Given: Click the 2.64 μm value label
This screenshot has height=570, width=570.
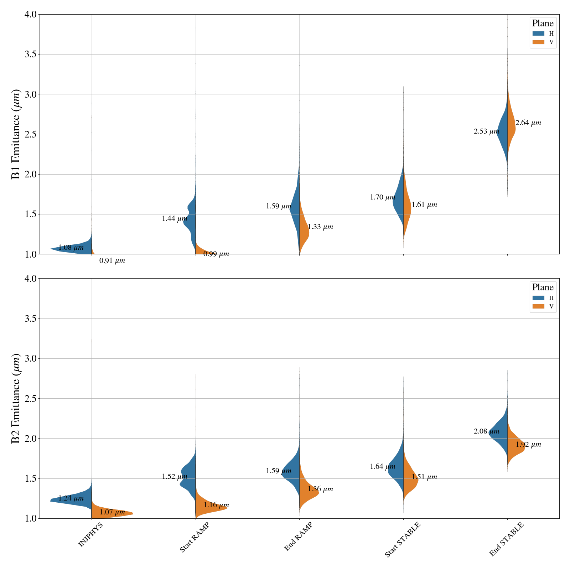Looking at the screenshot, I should pyautogui.click(x=528, y=123).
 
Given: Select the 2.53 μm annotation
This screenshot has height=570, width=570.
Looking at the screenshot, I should pyautogui.click(x=486, y=131).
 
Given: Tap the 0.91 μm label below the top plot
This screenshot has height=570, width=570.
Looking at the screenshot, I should pyautogui.click(x=112, y=261).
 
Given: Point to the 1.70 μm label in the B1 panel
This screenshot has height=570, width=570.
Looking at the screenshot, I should pyautogui.click(x=382, y=197).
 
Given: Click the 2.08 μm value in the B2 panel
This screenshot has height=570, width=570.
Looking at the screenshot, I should pyautogui.click(x=486, y=431).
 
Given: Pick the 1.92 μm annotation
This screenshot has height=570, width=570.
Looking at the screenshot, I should pyautogui.click(x=528, y=445).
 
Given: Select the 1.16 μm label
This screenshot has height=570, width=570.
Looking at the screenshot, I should pyautogui.click(x=216, y=505).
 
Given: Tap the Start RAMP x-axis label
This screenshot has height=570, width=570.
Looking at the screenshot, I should pyautogui.click(x=194, y=537).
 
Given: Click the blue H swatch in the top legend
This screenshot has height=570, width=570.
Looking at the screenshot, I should pyautogui.click(x=538, y=34).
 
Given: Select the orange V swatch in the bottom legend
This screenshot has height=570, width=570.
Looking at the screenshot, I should pyautogui.click(x=538, y=306).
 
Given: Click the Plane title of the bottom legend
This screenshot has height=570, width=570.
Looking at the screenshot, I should pyautogui.click(x=543, y=287).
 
